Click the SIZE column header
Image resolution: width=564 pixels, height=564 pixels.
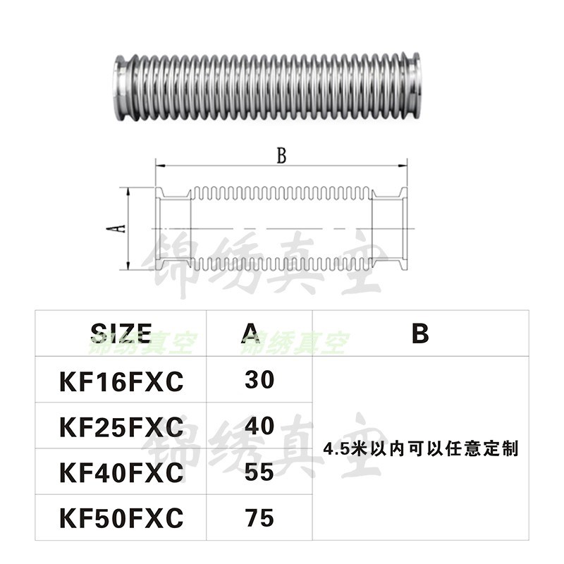point(121,332)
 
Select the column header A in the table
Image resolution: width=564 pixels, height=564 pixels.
point(259,332)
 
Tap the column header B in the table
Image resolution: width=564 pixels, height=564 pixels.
point(420,332)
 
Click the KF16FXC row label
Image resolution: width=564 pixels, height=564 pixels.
point(121,381)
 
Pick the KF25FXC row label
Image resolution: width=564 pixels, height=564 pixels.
point(121,427)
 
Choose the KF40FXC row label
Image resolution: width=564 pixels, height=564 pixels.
point(121,472)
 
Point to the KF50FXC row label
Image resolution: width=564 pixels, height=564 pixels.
point(121,518)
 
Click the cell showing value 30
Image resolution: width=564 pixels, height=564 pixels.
point(259,380)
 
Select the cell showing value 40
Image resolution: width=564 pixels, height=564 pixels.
point(259,425)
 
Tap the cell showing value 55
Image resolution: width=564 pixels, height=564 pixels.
point(259,471)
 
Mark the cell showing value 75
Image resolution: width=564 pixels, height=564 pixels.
point(259,517)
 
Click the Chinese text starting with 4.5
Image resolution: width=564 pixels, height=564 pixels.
point(421,448)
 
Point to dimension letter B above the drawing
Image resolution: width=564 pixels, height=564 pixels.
point(281,157)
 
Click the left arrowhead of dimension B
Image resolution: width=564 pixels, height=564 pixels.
point(159,167)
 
